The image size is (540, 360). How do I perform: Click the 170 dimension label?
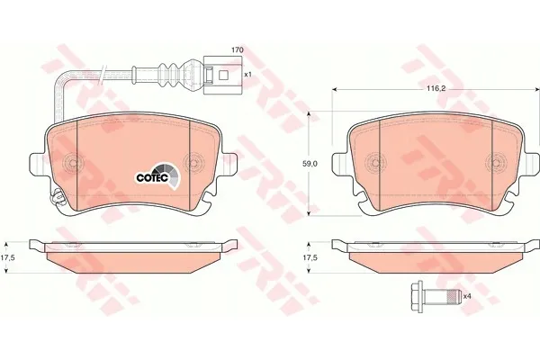coord(238,50)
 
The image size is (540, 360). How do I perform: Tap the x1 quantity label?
coord(248,74)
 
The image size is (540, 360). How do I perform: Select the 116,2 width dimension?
coord(436,88)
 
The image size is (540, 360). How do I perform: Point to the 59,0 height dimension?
coord(310,164)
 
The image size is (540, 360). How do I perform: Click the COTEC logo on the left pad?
coord(157,175)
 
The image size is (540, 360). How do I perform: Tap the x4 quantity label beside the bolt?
coord(466,296)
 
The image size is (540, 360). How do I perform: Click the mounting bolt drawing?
coord(436,296)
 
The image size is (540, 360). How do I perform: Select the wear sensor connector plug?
coord(223,75)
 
